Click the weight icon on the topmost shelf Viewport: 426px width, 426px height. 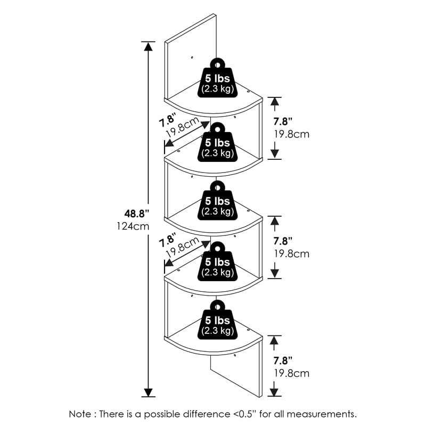point(217,80)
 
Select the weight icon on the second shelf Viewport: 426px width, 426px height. point(217,142)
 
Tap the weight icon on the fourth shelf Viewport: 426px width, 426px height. point(217,262)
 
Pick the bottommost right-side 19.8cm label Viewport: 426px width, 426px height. point(291,373)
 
